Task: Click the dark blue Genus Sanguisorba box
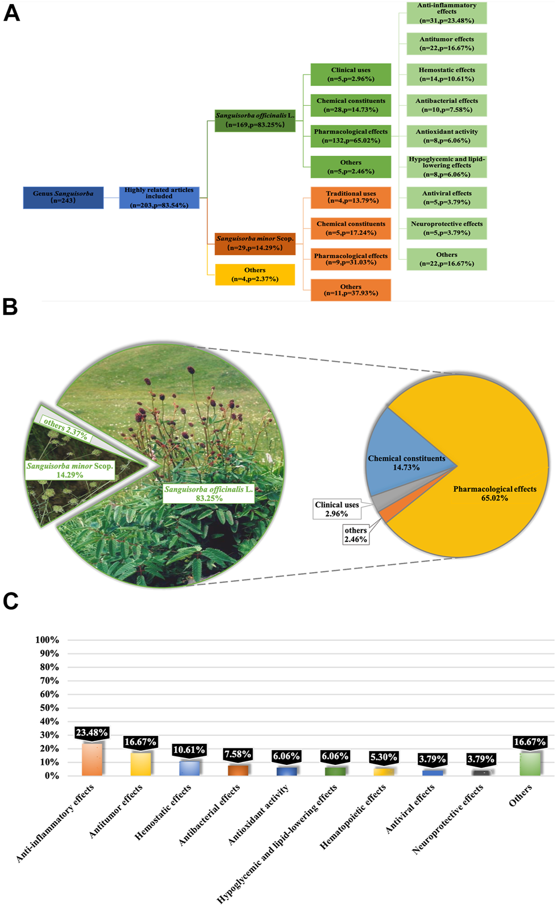(x=63, y=197)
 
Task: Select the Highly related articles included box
(x=159, y=197)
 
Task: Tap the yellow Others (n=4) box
(x=255, y=275)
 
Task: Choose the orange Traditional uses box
(x=351, y=197)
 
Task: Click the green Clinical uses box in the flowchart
(x=351, y=74)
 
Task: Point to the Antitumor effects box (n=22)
(x=447, y=44)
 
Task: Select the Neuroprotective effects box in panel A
(x=447, y=228)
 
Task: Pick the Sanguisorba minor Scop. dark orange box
(x=255, y=243)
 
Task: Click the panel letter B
(x=10, y=308)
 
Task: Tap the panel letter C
(x=10, y=602)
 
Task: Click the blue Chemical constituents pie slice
(x=398, y=449)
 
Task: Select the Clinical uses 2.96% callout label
(x=337, y=509)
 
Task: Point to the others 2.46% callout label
(x=356, y=535)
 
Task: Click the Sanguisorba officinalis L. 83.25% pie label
(x=209, y=494)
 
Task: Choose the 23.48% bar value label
(x=92, y=732)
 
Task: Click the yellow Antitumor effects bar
(x=140, y=764)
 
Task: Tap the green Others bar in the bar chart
(x=530, y=764)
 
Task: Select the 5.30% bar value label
(x=384, y=757)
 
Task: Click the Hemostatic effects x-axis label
(x=163, y=812)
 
